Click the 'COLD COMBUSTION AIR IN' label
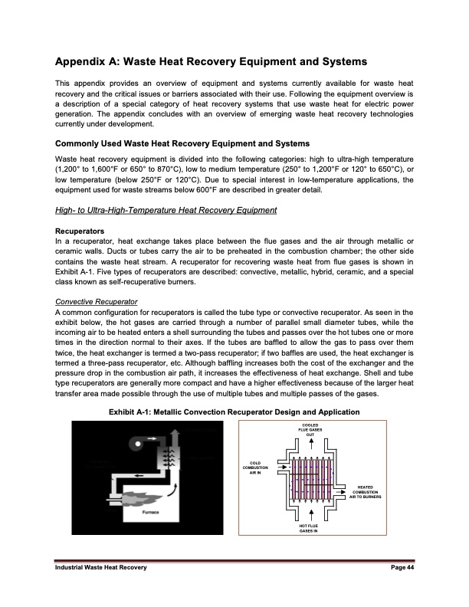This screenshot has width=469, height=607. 255,468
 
